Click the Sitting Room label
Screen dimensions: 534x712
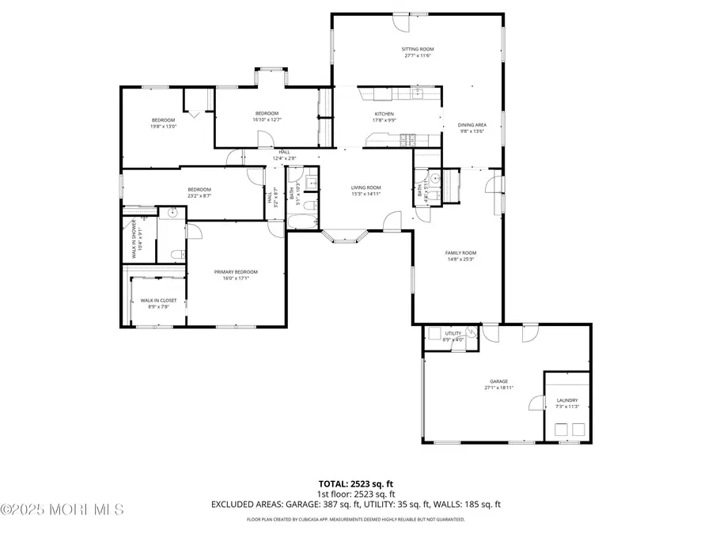tap(418, 49)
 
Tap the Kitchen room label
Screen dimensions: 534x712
tap(384, 114)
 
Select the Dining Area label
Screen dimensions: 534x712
tap(472, 125)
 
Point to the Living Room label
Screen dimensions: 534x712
tap(366, 187)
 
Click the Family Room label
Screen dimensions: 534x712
tap(460, 253)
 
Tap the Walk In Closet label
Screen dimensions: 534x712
tap(158, 301)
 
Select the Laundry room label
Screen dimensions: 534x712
tap(567, 400)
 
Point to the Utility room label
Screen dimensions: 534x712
tap(453, 334)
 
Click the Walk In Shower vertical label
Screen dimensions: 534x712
tap(135, 237)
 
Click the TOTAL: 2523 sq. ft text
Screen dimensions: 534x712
tap(355, 483)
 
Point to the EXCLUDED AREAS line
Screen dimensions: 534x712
tap(355, 504)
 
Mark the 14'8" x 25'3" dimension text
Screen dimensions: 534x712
tap(460, 259)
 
